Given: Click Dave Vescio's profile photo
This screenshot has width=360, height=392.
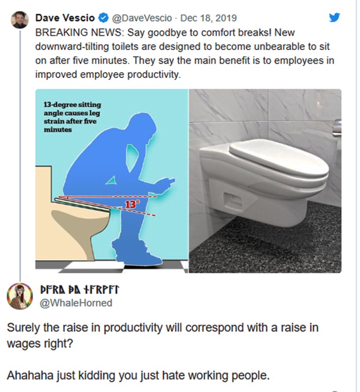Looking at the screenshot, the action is point(20,19).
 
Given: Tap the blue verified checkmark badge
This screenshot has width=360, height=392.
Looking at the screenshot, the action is point(104,18).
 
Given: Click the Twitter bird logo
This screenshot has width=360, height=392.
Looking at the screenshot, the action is point(334,18).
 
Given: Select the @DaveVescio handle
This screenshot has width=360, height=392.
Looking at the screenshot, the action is point(142,18).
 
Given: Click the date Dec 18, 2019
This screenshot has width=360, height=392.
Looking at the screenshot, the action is point(209,18).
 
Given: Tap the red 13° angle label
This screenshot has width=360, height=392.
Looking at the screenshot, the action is point(131,204).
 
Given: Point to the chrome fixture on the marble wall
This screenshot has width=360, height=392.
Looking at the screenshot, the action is point(337,127).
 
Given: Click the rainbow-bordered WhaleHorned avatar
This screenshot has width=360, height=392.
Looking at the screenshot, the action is point(20,296).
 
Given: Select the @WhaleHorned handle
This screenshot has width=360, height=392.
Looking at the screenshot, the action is point(76,303).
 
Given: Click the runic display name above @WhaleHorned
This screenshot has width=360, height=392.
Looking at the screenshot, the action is point(79,290).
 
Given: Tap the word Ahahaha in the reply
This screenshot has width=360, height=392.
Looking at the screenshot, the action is point(30,375).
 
